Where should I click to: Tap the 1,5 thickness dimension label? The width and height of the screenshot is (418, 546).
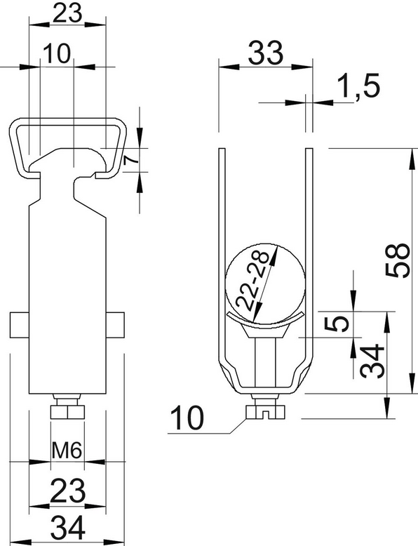(358, 86)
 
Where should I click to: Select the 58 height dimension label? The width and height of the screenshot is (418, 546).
(398, 260)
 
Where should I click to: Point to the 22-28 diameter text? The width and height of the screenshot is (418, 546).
(252, 281)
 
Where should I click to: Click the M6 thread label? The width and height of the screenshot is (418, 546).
(67, 451)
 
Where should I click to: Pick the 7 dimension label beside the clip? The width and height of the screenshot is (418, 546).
(130, 160)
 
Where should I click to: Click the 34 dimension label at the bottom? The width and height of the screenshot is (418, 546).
(68, 527)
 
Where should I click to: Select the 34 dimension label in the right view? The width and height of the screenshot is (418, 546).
(372, 361)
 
